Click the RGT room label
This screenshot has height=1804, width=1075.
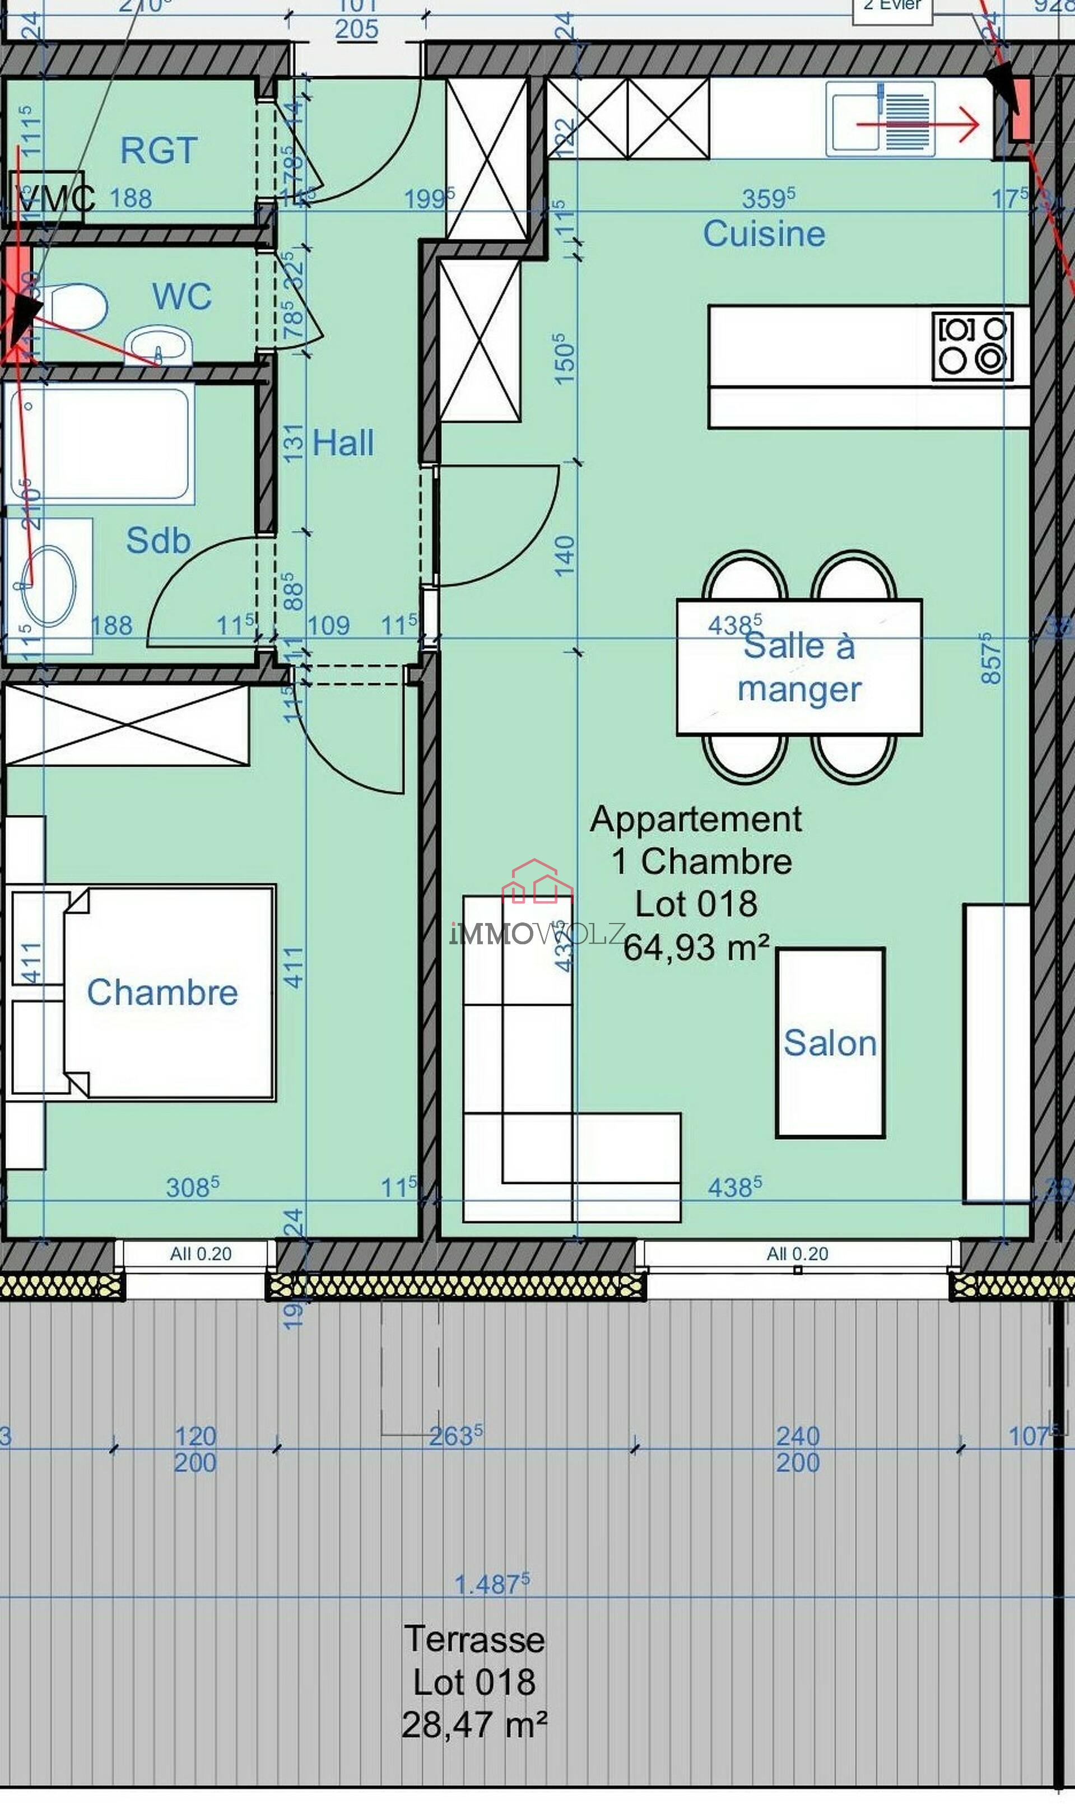(x=159, y=151)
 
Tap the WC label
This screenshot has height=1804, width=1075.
(x=182, y=296)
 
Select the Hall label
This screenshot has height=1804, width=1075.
(x=343, y=442)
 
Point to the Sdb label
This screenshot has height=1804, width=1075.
(x=158, y=540)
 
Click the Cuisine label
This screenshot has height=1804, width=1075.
(x=764, y=234)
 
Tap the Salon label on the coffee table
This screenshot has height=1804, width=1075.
(x=830, y=1043)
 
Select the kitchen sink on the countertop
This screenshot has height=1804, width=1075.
(x=879, y=119)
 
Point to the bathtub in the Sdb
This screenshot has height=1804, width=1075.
(x=99, y=443)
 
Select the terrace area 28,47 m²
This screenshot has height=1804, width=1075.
(x=474, y=1724)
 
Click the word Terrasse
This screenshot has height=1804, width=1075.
(x=474, y=1639)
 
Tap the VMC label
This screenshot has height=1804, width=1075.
(x=54, y=198)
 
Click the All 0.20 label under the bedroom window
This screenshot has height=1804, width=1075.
(x=201, y=1253)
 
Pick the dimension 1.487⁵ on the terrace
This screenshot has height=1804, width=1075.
(x=491, y=1583)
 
